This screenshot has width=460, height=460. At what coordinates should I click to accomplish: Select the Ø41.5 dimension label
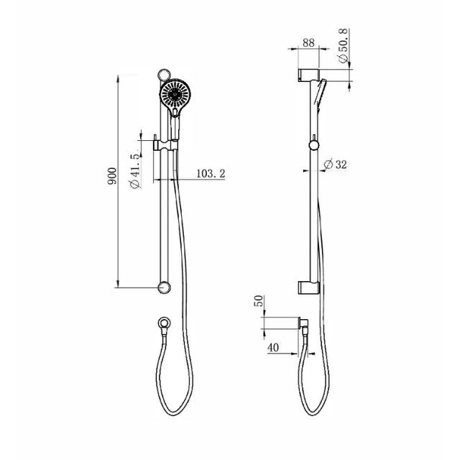click(x=134, y=170)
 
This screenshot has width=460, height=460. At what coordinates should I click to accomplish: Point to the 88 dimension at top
click(x=308, y=43)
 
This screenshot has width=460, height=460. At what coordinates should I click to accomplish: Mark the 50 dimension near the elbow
click(x=259, y=301)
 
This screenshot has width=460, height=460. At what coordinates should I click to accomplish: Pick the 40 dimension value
click(x=273, y=347)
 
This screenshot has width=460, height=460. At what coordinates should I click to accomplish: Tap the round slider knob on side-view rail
click(x=313, y=147)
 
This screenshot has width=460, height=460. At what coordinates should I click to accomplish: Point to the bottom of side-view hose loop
click(x=310, y=415)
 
